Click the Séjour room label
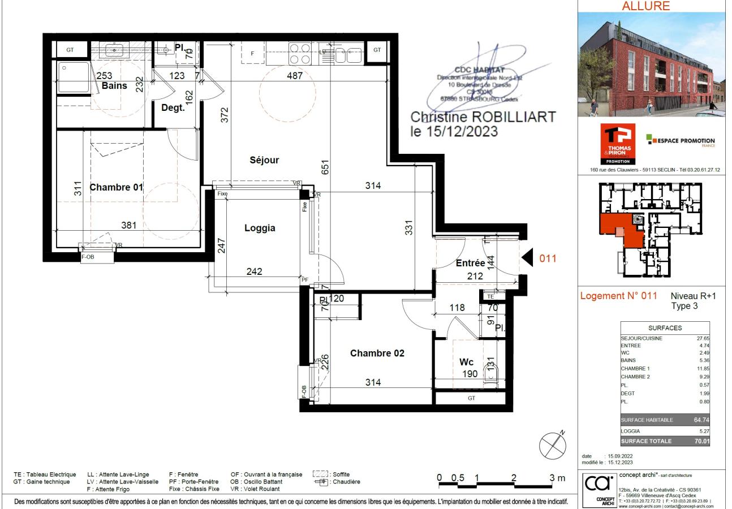tap(264, 160)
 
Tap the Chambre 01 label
tap(116, 188)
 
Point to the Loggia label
tap(260, 228)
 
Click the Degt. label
tap(173, 107)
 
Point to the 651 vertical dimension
tap(325, 167)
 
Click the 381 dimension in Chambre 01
tap(129, 225)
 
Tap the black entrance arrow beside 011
tap(527, 259)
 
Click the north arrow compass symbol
tap(553, 445)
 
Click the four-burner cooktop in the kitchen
tap(299, 53)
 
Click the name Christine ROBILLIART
tap(483, 118)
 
